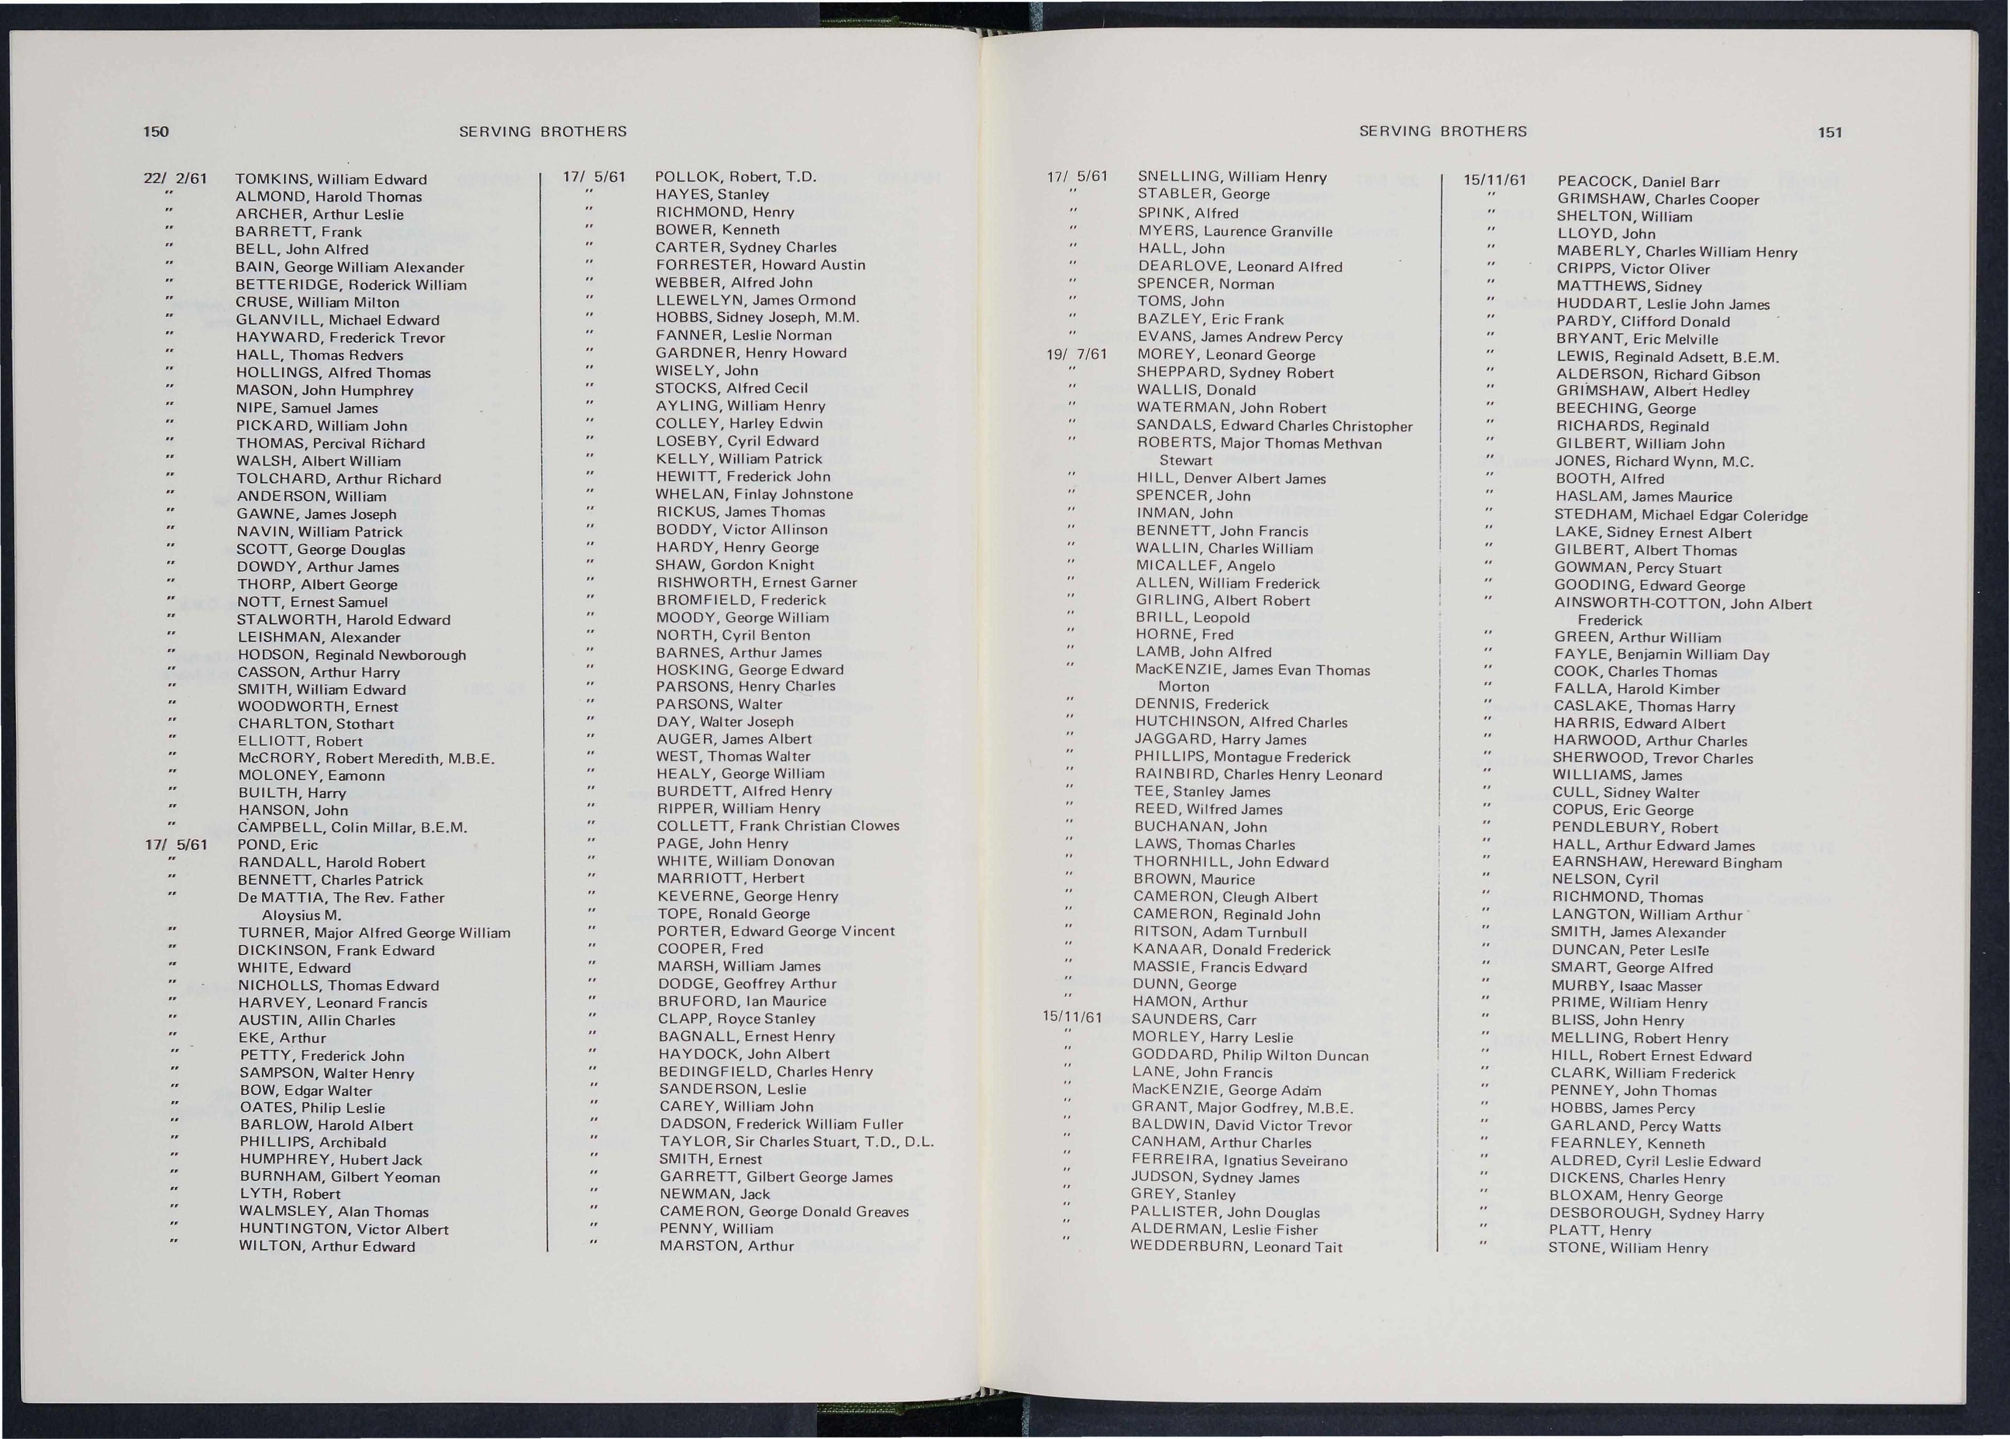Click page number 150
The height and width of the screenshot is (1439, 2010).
click(x=156, y=132)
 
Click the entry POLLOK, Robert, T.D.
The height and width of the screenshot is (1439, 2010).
click(x=734, y=176)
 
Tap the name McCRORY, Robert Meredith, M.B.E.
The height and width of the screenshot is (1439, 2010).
click(x=366, y=758)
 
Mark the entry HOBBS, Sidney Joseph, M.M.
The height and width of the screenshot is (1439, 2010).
click(x=757, y=317)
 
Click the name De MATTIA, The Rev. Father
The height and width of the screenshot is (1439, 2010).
click(x=341, y=897)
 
